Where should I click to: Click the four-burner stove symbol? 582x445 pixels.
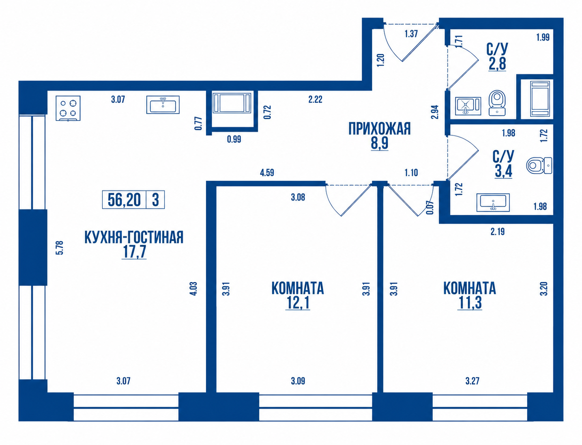(68, 108)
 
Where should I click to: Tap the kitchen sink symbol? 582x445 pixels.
(163, 105)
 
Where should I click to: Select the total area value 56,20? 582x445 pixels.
(124, 199)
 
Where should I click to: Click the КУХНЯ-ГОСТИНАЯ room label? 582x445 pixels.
(134, 237)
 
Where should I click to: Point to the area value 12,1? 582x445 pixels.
(298, 303)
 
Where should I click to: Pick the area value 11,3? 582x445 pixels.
(470, 303)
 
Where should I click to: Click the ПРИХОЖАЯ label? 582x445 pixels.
(380, 129)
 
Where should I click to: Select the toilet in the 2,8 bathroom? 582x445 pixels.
(497, 103)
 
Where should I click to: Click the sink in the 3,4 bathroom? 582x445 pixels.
(493, 203)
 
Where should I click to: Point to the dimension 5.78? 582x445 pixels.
(60, 248)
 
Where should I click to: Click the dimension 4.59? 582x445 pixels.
(267, 173)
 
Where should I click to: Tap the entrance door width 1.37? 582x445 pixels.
(411, 34)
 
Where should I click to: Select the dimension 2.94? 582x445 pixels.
(435, 112)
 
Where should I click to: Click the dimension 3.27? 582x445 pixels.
(472, 381)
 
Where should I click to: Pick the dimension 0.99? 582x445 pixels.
(234, 139)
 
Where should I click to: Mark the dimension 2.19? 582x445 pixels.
(497, 232)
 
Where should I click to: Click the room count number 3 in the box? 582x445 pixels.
(156, 199)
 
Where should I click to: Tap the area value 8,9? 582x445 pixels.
(380, 143)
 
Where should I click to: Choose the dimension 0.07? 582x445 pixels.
(430, 207)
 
